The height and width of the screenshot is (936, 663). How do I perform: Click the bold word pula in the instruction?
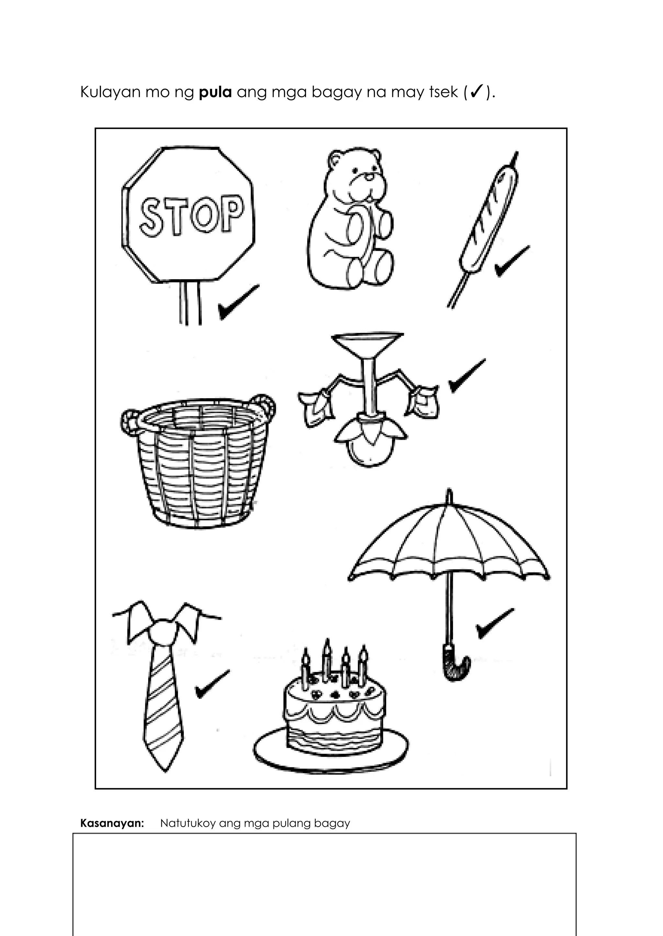tap(215, 93)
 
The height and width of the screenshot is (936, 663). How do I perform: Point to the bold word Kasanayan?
tap(112, 823)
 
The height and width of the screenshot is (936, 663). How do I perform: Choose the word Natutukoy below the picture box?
tap(187, 823)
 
